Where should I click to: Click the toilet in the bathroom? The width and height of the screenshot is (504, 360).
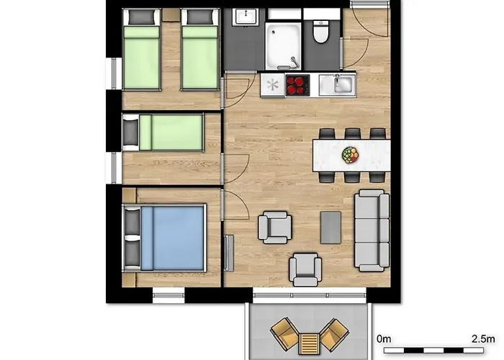(320, 32)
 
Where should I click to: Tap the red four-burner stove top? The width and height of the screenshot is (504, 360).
(297, 85)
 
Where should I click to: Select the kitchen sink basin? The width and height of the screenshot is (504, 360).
(342, 84)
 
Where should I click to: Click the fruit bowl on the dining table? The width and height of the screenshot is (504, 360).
(350, 155)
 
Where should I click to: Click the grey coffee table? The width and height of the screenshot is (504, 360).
(330, 228)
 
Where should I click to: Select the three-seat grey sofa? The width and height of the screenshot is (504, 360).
(372, 230)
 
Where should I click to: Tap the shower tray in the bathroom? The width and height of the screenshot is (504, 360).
(283, 45)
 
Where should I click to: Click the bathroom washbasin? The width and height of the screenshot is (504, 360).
(246, 17)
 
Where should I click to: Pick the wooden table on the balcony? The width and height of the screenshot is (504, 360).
(309, 343)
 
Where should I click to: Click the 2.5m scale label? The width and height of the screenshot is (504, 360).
(483, 339)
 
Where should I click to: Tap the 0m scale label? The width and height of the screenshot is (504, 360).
(384, 339)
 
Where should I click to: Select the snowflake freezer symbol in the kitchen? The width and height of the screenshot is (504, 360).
(273, 85)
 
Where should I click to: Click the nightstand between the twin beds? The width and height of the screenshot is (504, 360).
(171, 15)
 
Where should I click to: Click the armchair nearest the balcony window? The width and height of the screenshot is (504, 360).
(305, 269)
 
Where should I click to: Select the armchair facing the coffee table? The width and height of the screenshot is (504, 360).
(275, 228)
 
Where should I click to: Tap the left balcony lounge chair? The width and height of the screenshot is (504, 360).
(285, 334)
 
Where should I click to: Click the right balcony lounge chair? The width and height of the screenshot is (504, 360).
(333, 334)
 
